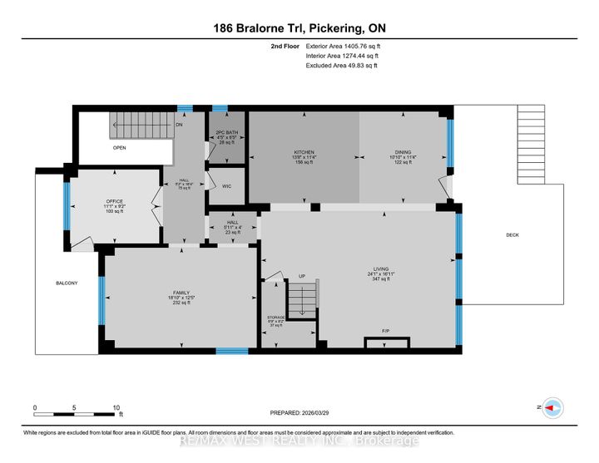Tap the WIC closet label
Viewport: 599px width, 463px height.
coord(226,186)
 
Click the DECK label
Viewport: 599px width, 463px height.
coord(512,235)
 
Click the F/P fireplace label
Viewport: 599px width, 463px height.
coord(386,331)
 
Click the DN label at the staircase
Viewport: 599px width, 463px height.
coord(178,125)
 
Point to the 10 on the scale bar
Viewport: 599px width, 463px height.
coord(116,407)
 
